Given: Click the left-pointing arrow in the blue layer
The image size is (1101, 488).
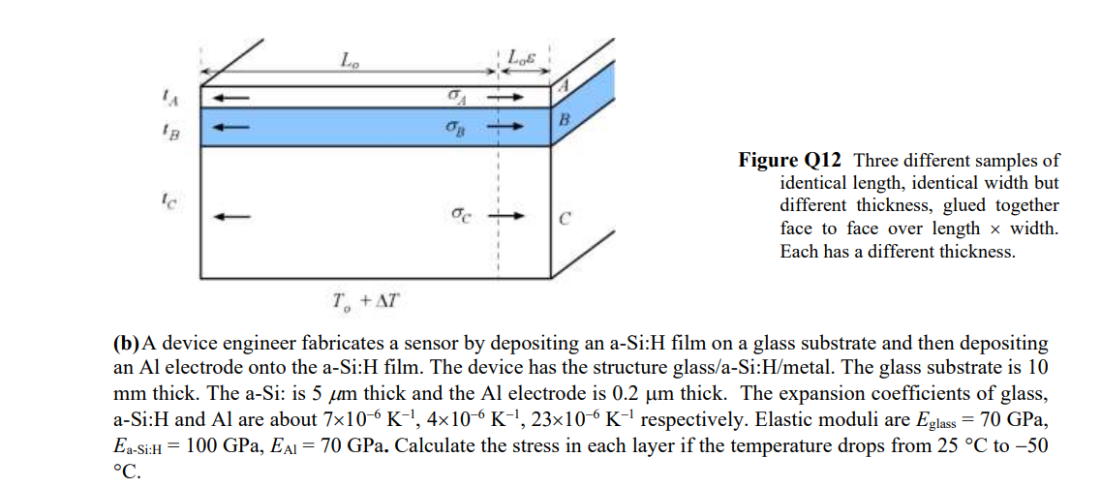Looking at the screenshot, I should tap(232, 127).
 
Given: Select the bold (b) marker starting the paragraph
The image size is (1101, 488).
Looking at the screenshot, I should tap(127, 344).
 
